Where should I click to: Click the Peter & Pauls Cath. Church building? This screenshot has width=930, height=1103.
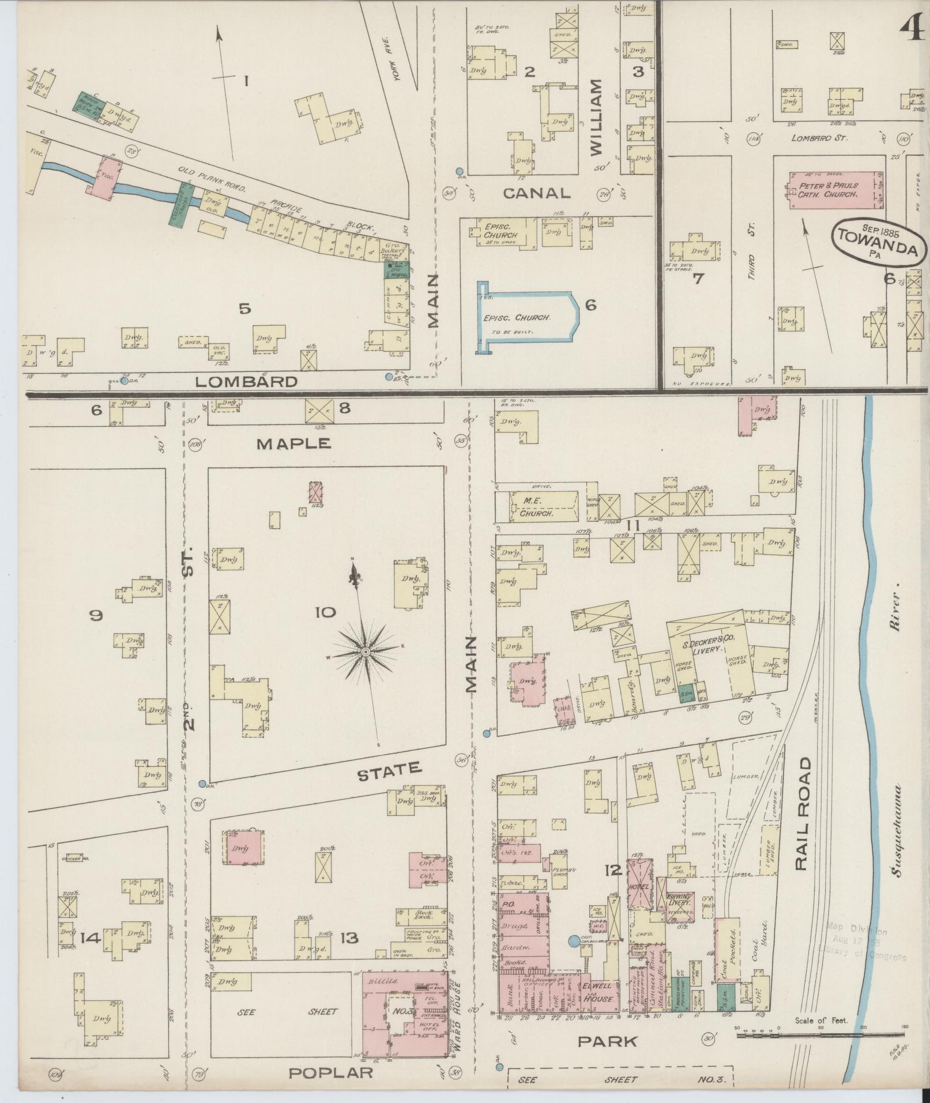[835, 190]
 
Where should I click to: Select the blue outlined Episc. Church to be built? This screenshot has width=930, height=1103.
[526, 317]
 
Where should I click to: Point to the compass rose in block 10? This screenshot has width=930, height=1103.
[364, 651]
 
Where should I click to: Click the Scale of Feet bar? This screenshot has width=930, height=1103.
[821, 1036]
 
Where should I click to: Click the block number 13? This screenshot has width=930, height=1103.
[349, 938]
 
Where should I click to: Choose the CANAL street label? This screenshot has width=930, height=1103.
[536, 193]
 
